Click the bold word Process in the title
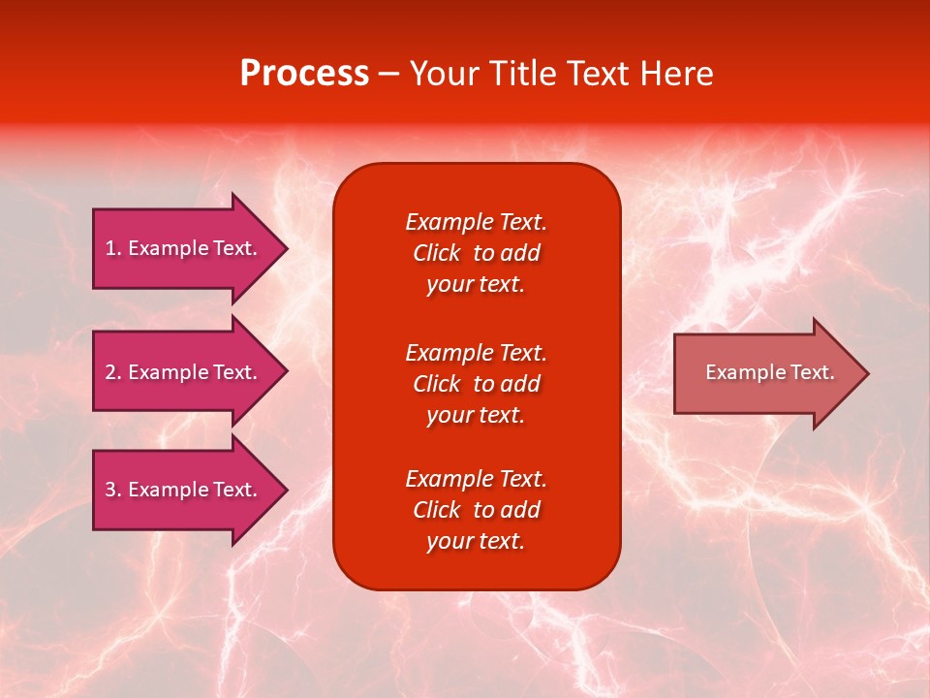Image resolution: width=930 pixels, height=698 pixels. [x=304, y=74]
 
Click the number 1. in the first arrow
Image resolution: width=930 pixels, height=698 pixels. [x=113, y=248]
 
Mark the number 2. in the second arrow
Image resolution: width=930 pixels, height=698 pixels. [x=113, y=372]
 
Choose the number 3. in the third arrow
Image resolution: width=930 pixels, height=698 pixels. [x=113, y=490]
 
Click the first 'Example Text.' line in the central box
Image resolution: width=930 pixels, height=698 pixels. [x=476, y=222]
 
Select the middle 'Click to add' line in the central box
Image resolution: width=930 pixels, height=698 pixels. [x=476, y=384]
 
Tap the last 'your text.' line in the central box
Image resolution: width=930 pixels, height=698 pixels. [x=476, y=541]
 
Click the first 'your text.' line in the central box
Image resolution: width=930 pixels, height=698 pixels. [x=476, y=284]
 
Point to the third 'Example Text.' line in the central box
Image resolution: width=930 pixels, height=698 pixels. [x=476, y=479]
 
